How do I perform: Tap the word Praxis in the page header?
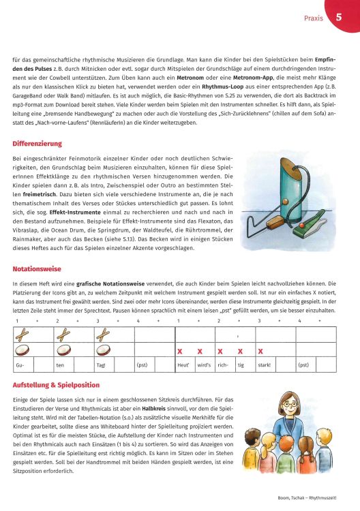coord(313,18)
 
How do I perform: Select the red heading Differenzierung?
coord(37,144)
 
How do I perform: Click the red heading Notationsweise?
coord(36,269)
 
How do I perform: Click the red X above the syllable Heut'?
coord(180,352)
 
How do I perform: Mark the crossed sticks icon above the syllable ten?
coord(65,334)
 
